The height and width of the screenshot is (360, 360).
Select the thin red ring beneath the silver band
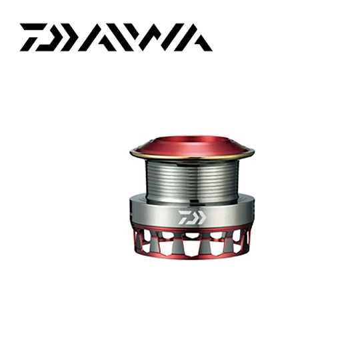point(180,229)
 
